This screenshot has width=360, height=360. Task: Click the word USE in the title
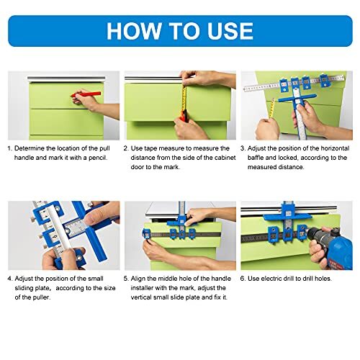pyautogui.click(x=228, y=30)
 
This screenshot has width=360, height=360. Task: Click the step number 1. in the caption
pyautogui.click(x=11, y=148)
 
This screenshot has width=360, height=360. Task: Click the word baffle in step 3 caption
pyautogui.click(x=259, y=157)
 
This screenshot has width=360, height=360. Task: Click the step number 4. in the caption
pyautogui.click(x=11, y=278)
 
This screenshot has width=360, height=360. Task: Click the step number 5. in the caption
pyautogui.click(x=127, y=278)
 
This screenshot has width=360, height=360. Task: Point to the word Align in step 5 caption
pyautogui.click(x=143, y=278)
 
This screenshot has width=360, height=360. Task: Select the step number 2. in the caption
pyautogui.click(x=127, y=148)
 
